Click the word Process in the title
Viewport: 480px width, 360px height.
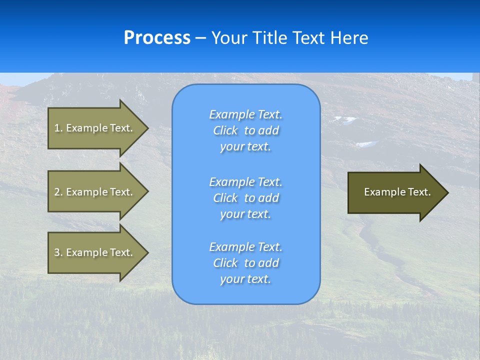tap(157, 38)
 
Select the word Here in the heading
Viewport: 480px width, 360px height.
tap(347, 38)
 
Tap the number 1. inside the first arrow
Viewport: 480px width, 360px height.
tap(59, 128)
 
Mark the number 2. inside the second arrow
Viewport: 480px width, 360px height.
tap(59, 192)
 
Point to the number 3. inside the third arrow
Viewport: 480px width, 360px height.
tap(59, 252)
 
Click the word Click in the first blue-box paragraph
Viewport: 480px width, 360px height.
tap(225, 130)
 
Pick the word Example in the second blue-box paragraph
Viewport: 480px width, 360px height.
tap(231, 182)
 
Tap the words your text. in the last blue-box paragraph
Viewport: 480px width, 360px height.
tap(245, 279)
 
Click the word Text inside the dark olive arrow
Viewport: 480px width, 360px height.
tap(419, 192)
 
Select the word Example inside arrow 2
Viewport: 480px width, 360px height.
tap(87, 192)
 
